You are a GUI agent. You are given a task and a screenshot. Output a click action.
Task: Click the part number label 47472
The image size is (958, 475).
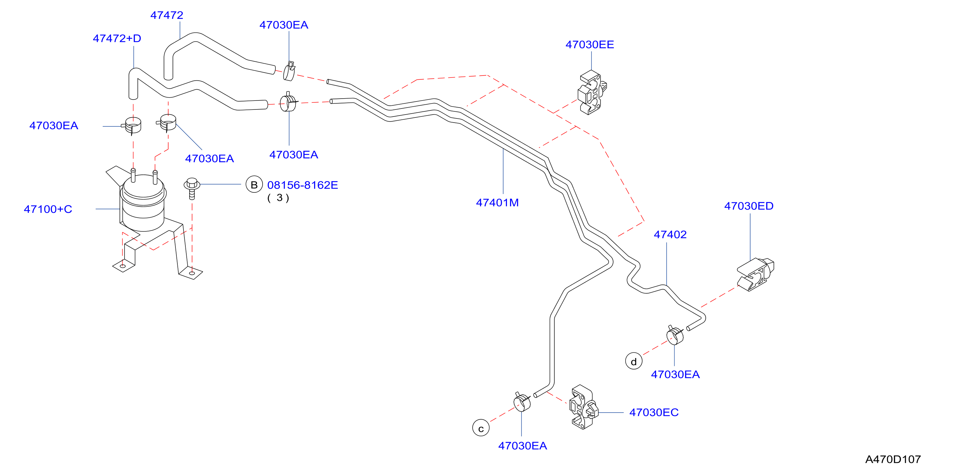click(166, 15)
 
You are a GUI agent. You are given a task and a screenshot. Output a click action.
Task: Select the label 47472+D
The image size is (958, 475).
click(117, 38)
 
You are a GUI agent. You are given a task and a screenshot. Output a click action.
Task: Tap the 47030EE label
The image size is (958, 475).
click(589, 44)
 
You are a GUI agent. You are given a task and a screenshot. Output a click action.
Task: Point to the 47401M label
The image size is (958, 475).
click(497, 203)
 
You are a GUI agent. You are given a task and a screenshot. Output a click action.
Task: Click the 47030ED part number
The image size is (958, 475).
click(749, 206)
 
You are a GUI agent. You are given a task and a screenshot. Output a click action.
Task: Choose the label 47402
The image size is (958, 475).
click(670, 235)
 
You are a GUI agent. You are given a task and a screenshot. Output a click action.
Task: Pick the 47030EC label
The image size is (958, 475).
click(654, 412)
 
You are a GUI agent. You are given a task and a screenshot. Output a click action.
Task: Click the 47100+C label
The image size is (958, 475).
click(48, 209)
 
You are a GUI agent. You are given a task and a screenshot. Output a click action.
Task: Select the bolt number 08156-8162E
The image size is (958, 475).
click(302, 185)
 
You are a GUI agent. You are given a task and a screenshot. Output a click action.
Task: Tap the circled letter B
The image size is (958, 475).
click(254, 185)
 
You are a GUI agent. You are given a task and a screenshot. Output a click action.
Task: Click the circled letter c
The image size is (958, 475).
click(481, 428)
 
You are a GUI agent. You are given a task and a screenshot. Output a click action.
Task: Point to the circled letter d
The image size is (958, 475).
click(634, 361)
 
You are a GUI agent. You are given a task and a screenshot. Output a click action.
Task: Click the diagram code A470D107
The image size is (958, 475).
click(893, 459)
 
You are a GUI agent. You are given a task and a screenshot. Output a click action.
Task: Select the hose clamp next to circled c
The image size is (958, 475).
click(522, 402)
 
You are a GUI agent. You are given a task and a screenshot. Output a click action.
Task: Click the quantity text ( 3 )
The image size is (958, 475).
click(278, 198)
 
